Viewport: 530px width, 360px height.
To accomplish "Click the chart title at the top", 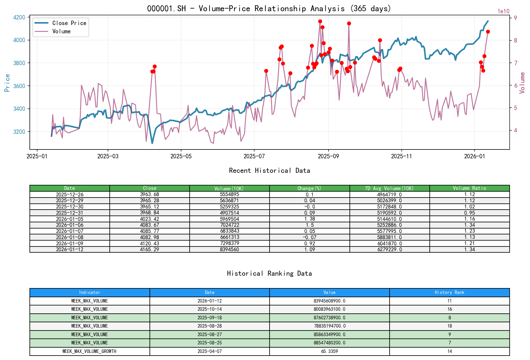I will click(269, 8).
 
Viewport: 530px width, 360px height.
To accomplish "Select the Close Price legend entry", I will click(69, 23).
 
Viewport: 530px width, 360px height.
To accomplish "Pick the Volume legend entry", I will click(61, 31).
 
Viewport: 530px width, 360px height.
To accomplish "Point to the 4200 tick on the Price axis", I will click(19, 17).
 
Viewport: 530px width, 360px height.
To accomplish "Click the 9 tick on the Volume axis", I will click(516, 18).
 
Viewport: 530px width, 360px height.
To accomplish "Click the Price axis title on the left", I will click(7, 83).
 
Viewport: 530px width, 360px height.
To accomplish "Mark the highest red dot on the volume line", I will click(320, 21).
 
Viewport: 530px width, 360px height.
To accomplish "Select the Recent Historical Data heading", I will click(269, 170).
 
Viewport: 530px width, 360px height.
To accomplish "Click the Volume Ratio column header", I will click(469, 188).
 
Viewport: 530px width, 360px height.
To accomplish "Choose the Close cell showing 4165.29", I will click(149, 249).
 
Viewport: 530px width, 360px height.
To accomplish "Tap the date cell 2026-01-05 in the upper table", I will click(70, 219).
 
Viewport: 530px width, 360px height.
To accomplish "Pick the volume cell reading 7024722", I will click(229, 225).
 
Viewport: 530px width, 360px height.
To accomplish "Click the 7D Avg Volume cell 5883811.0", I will click(389, 237).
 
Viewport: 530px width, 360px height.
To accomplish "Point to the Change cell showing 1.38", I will click(309, 219).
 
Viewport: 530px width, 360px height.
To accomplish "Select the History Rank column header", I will click(449, 292).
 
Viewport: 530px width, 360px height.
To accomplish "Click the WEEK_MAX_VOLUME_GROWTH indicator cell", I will click(89, 351).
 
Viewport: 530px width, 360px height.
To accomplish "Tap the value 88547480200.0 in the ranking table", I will click(329, 343).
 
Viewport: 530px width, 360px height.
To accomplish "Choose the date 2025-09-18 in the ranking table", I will click(209, 318).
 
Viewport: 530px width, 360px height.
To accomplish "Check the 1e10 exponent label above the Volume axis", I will click(503, 11).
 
